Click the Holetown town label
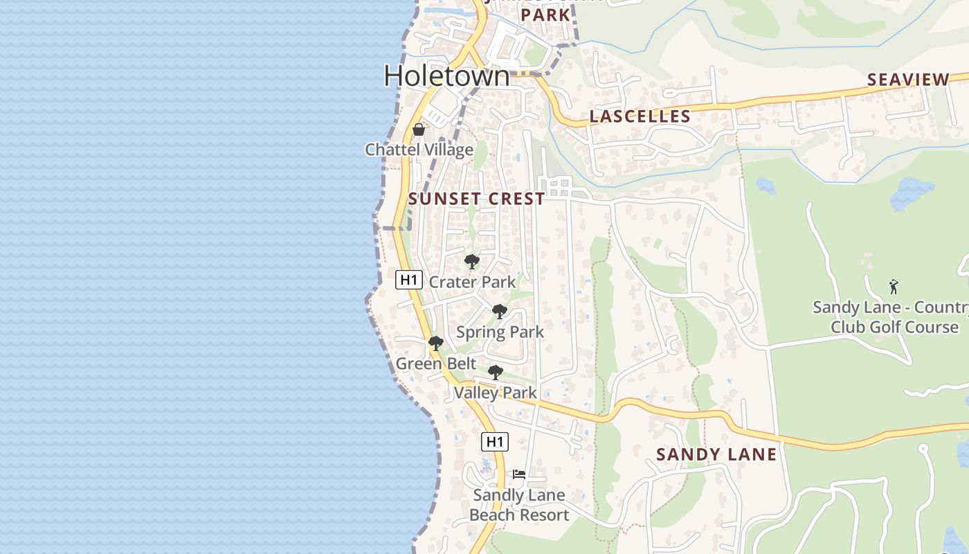[446, 75]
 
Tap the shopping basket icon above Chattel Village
[418, 129]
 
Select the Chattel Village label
[419, 150]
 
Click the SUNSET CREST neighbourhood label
[477, 199]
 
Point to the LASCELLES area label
[640, 116]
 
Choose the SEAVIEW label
[908, 80]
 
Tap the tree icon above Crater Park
[472, 262]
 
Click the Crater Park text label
[472, 282]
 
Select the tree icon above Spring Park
[500, 312]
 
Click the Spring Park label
[500, 332]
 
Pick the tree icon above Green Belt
[435, 343]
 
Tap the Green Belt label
[435, 364]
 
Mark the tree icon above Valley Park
[496, 373]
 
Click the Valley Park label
[496, 393]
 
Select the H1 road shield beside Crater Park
[408, 280]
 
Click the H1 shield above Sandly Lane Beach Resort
[494, 441]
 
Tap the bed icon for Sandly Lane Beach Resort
[519, 475]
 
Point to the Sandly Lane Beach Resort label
[519, 505]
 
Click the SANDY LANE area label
[716, 454]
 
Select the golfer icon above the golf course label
[894, 287]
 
